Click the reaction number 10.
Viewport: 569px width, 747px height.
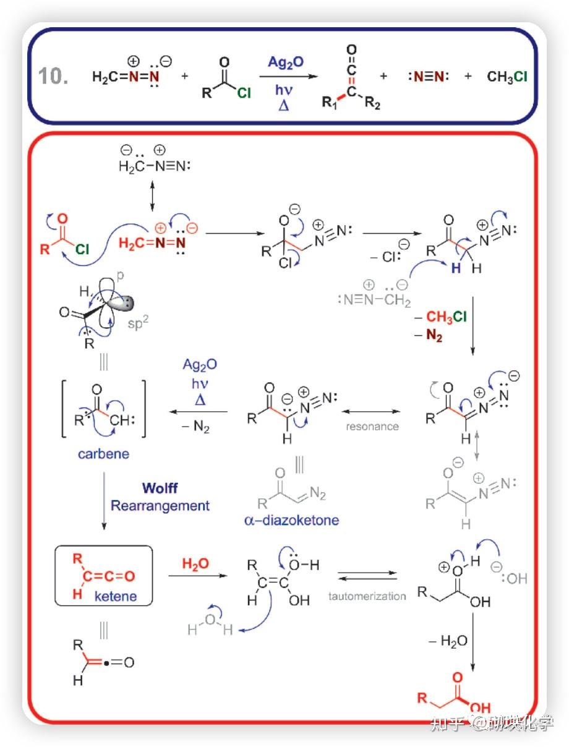[x=53, y=76]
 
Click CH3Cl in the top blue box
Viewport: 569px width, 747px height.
[x=507, y=77]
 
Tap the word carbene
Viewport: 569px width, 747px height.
[x=103, y=454]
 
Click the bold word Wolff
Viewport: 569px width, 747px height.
[x=160, y=488]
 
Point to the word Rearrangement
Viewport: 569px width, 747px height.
[x=160, y=505]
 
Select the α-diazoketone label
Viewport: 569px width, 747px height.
[x=292, y=520]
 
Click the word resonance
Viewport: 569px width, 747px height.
[x=372, y=426]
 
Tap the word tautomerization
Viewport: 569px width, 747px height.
[x=367, y=596]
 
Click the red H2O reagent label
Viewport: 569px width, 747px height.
[x=195, y=563]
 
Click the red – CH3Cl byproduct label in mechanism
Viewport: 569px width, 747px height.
[x=447, y=317]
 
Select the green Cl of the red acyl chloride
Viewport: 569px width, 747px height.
[x=82, y=250]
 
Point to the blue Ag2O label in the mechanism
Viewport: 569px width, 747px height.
[x=200, y=364]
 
